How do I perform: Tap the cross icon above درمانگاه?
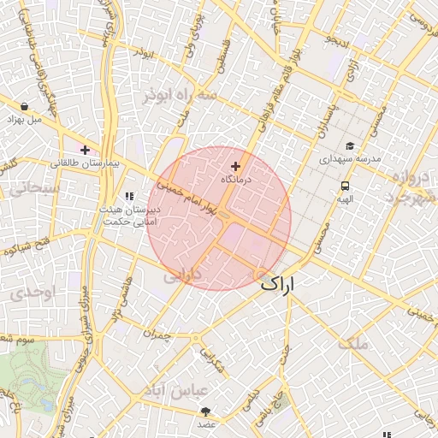(236, 165)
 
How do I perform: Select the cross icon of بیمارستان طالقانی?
(85, 150)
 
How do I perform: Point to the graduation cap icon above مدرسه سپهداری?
(349, 145)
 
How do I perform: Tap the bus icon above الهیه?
(345, 186)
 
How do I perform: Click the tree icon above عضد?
(206, 411)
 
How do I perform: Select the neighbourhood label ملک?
(352, 343)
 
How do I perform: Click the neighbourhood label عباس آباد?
(202, 390)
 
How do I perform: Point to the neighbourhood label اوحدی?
(33, 293)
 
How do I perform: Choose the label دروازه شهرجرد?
(410, 187)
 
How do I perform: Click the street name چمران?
(157, 336)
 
